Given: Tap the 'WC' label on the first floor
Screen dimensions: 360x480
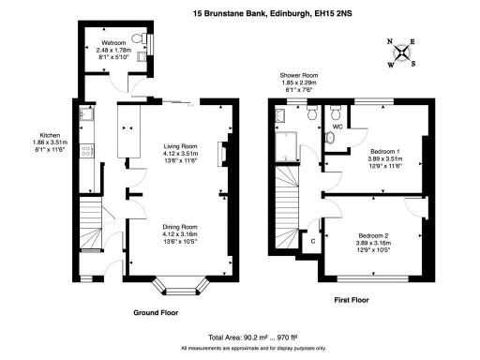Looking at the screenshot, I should tap(337, 126).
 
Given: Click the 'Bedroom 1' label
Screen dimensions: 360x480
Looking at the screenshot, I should tap(385, 151).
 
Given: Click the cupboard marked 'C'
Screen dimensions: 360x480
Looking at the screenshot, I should tap(312, 240).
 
